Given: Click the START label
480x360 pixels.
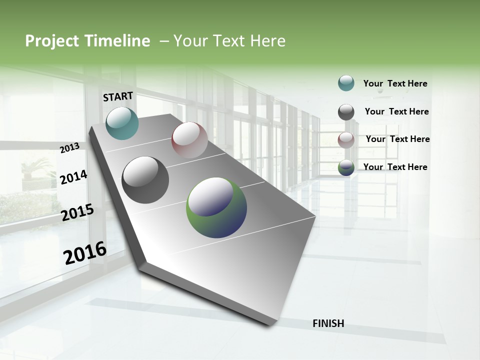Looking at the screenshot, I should [118, 96].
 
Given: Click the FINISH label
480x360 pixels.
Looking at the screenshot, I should [328, 323].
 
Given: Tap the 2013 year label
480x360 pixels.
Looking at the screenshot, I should [70, 147].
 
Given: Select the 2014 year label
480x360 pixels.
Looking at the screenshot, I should [73, 177].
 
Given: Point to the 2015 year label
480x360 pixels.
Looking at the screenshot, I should [77, 212].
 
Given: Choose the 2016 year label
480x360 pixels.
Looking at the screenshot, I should [85, 252].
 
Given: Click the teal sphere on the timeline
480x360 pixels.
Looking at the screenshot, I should [122, 123].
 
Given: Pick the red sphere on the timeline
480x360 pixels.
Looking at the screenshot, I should [189, 140].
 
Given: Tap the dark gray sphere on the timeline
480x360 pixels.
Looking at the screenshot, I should [145, 180].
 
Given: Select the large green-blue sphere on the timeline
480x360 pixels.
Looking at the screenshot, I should [216, 207].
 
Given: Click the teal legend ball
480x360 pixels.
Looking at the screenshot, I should [346, 83].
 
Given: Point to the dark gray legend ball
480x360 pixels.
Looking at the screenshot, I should [346, 111].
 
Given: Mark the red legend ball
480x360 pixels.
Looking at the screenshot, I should [346, 140].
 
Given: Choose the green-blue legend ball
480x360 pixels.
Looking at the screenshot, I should [346, 167].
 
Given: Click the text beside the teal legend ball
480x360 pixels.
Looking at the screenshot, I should [395, 83].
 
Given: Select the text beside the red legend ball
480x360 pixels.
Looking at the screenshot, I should [397, 139].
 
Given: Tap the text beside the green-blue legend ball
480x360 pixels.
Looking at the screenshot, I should [395, 167].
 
